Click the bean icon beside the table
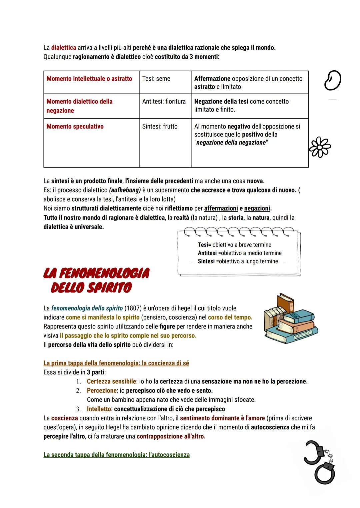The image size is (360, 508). (332, 81)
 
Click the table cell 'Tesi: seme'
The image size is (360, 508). (156, 79)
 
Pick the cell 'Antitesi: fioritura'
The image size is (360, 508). (164, 101)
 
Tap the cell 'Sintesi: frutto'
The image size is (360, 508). (160, 126)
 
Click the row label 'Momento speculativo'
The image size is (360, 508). (75, 126)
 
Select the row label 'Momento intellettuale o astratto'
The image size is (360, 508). (89, 79)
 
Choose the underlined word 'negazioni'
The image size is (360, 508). (257, 208)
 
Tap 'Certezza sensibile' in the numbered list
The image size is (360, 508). (111, 381)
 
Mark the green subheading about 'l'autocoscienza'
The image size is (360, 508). (116, 455)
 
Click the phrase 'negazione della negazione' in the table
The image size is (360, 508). (231, 143)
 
